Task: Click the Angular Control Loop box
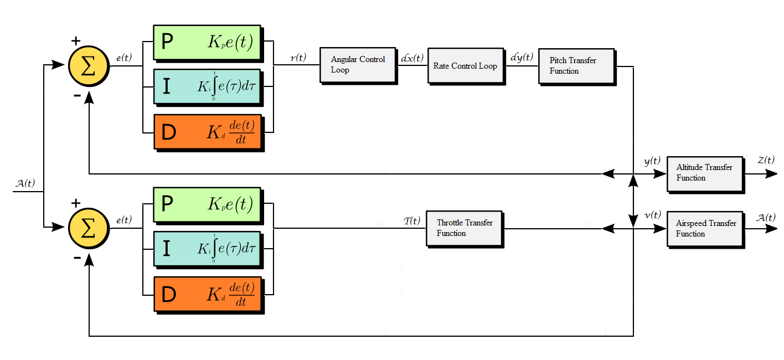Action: [357, 65]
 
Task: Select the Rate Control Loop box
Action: [465, 66]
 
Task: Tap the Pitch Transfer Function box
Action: [576, 66]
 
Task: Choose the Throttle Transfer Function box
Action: [464, 228]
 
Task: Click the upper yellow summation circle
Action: [89, 66]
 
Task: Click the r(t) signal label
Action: [298, 58]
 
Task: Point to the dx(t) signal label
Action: [412, 58]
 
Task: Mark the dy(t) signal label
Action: [522, 58]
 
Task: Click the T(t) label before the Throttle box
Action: [412, 221]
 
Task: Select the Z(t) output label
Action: [766, 161]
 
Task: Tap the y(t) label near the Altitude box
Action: [652, 162]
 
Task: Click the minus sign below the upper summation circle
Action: [76, 96]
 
